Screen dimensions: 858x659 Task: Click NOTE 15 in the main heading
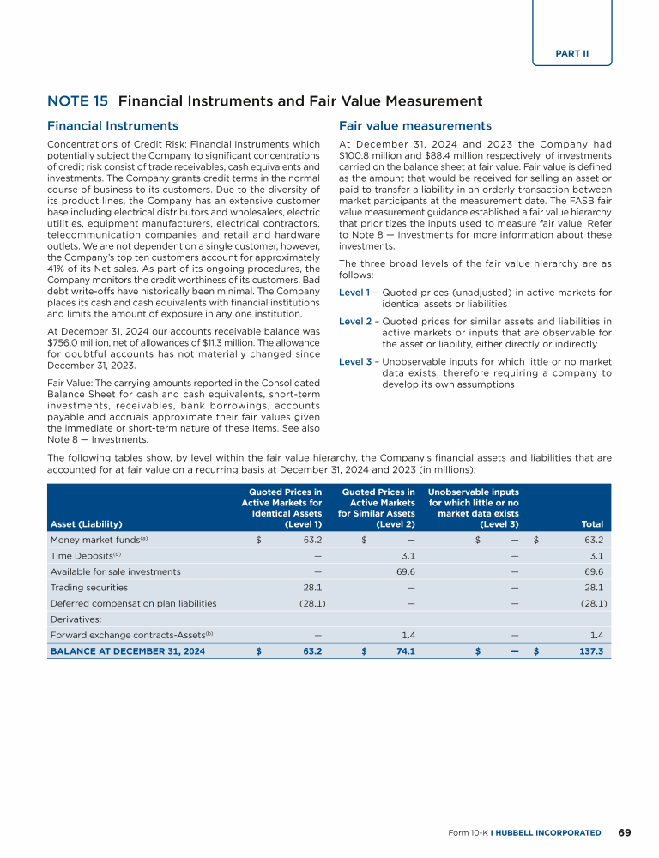pos(72,101)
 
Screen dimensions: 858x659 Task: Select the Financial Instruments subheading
pos(112,125)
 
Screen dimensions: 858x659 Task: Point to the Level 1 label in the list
pos(356,293)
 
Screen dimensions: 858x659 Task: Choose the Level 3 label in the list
pos(356,361)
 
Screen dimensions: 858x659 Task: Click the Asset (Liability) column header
pos(86,523)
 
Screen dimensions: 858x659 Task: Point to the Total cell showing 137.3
pos(591,651)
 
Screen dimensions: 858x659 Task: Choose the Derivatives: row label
pos(75,619)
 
